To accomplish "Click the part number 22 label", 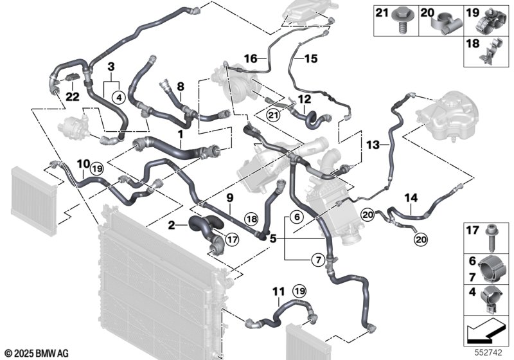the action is pos(73,96).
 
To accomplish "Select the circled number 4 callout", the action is pos(118,97).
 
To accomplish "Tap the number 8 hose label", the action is pos(181,87).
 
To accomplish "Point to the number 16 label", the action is pos(251,59).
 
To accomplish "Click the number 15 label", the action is pos(311,59).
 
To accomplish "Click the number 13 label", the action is pos(373,145).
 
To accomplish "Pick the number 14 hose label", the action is pos(411,198).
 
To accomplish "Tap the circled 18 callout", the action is pos(252,219).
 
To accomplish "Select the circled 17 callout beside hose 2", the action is pos(232,240).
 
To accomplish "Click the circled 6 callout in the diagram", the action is pos(297,217).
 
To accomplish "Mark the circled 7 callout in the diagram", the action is pos(317,260).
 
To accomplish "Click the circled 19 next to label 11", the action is pos(299,291).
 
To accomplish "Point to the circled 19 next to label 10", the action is pos(96,169).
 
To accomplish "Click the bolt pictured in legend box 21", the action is pos(400,21).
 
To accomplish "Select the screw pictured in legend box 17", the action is pos(491,238).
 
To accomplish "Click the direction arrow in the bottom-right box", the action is pos(485,332).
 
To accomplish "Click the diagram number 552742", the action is pos(489,353).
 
